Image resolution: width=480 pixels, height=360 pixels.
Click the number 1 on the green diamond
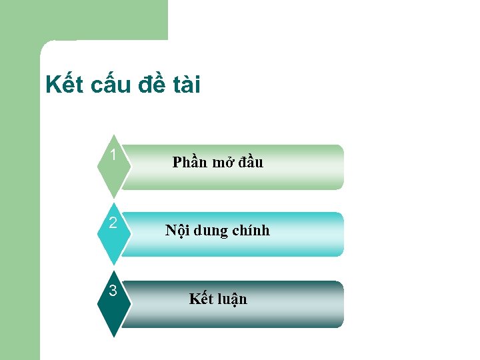(x=113, y=155)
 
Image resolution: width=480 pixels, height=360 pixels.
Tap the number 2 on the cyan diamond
(x=113, y=223)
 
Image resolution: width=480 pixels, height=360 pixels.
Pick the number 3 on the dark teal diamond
(x=113, y=291)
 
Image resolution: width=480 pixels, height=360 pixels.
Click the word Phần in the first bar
(x=190, y=162)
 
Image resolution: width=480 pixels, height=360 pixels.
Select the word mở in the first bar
(x=222, y=162)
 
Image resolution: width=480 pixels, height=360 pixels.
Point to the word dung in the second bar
(x=209, y=231)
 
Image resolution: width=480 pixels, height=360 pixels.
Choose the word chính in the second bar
(x=251, y=231)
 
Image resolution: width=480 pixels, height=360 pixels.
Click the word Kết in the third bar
(x=201, y=299)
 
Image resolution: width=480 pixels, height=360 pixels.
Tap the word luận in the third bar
(x=231, y=299)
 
